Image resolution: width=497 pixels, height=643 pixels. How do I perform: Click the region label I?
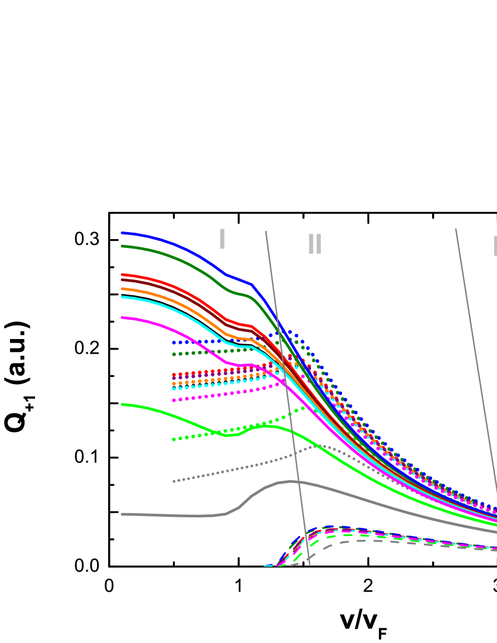point(222,239)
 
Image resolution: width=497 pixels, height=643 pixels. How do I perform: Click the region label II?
point(315,244)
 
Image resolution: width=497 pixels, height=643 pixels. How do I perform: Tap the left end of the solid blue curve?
point(122,233)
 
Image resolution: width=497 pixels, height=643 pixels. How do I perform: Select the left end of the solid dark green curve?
point(122,246)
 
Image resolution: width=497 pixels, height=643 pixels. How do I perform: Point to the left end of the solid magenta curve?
point(122,317)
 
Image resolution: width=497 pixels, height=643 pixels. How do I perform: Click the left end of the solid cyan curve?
point(122,297)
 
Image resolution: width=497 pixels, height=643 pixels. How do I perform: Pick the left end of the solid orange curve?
point(122,289)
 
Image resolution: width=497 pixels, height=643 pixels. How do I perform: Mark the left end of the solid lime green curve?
point(122,404)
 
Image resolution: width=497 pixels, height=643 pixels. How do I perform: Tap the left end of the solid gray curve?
point(122,514)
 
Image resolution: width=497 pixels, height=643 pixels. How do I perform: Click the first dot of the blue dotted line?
point(174,343)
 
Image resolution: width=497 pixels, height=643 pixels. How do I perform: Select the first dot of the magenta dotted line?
point(174,400)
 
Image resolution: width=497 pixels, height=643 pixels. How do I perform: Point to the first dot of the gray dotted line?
point(174,481)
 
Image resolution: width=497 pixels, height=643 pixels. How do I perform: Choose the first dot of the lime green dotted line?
point(174,439)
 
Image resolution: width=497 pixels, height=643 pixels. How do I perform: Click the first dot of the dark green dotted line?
point(174,354)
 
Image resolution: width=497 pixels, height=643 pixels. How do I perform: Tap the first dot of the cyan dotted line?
point(174,389)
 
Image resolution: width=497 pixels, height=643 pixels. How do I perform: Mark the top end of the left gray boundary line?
point(265,231)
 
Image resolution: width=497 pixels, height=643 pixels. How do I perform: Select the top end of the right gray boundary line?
point(455,229)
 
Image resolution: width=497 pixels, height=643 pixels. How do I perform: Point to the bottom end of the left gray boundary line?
point(309,565)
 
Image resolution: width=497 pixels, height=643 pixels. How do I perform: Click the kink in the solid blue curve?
point(251,284)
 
